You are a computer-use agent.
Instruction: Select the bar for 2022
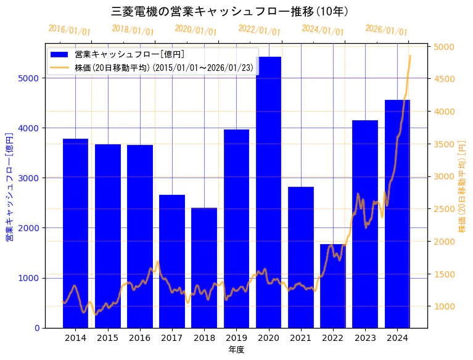[333, 286]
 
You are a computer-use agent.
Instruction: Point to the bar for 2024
[397, 213]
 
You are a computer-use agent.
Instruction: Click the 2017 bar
[172, 261]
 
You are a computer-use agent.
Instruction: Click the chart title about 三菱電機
[230, 12]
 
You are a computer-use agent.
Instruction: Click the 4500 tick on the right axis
[444, 79]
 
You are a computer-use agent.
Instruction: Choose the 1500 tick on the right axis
[444, 274]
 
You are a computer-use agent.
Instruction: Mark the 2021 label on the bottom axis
[300, 338]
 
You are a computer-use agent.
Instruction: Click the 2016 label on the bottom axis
[140, 338]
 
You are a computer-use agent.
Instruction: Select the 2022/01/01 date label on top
[259, 30]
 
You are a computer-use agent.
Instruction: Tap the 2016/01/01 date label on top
[69, 30]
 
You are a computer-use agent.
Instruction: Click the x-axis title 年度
[236, 350]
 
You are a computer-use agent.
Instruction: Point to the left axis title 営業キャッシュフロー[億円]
[9, 187]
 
